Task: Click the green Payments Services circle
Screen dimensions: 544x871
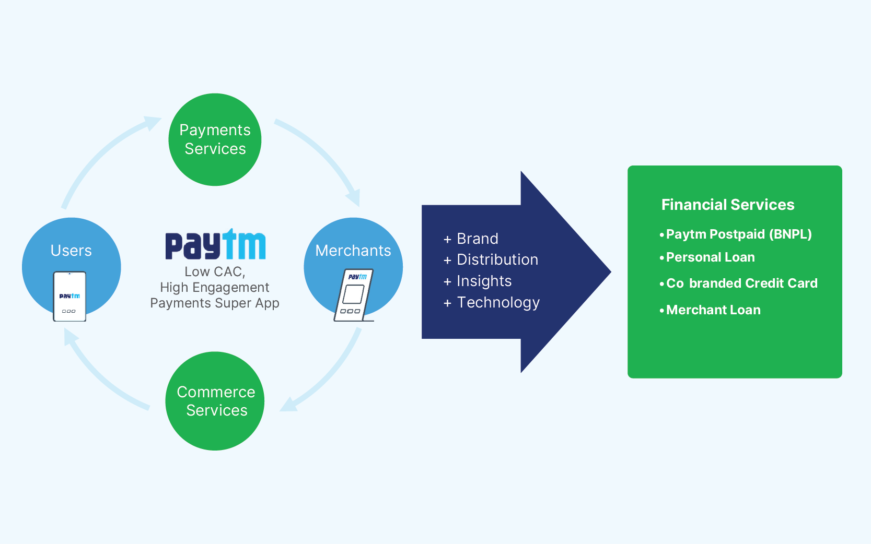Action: pyautogui.click(x=215, y=139)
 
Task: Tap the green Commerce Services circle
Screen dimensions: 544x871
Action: pyautogui.click(x=215, y=401)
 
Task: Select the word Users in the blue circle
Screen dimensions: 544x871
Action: pyautogui.click(x=71, y=251)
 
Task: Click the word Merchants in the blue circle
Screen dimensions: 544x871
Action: pyautogui.click(x=353, y=251)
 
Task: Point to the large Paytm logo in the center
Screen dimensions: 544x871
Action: pyautogui.click(x=215, y=244)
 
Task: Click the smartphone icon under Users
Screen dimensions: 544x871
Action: pyautogui.click(x=69, y=297)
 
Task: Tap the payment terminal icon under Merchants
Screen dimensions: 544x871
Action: pyautogui.click(x=354, y=295)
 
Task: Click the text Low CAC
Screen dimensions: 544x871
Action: pyautogui.click(x=215, y=271)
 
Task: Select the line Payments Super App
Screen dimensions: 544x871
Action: pyautogui.click(x=215, y=303)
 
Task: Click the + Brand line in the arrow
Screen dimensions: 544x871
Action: pyautogui.click(x=471, y=239)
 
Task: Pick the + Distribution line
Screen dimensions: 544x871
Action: pyautogui.click(x=491, y=259)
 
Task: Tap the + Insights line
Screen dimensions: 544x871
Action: pyautogui.click(x=478, y=281)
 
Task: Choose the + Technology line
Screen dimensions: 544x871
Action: pyautogui.click(x=492, y=302)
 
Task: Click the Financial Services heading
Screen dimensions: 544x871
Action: pyautogui.click(x=728, y=205)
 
